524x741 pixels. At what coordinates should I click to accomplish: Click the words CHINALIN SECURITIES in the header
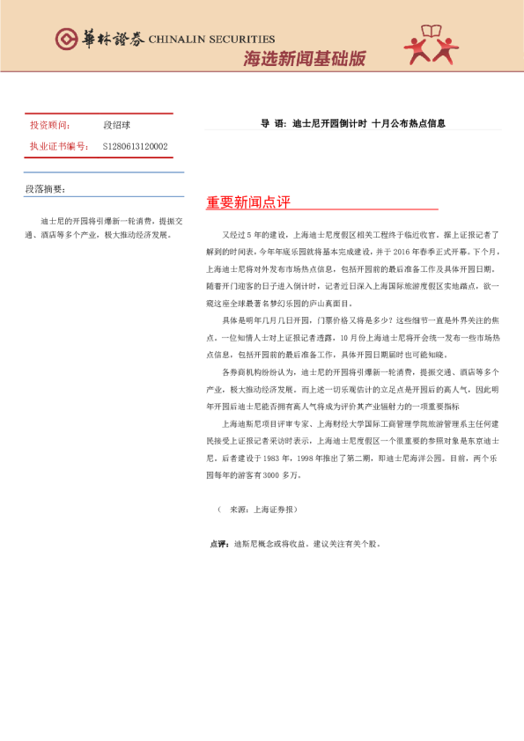point(211,40)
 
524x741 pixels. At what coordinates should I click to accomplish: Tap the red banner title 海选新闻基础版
point(304,59)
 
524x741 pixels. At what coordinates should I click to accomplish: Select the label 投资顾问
point(49,126)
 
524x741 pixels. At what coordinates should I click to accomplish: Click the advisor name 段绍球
point(117,126)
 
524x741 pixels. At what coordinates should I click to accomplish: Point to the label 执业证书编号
point(58,146)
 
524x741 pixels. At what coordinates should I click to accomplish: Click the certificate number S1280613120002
point(135,146)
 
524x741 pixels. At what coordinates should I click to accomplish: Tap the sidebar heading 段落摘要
point(45,189)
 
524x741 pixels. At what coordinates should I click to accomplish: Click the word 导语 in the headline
point(269,123)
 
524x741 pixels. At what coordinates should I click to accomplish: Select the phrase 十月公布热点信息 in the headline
point(408,123)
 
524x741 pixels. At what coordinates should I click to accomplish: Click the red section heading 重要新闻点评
point(248,202)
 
